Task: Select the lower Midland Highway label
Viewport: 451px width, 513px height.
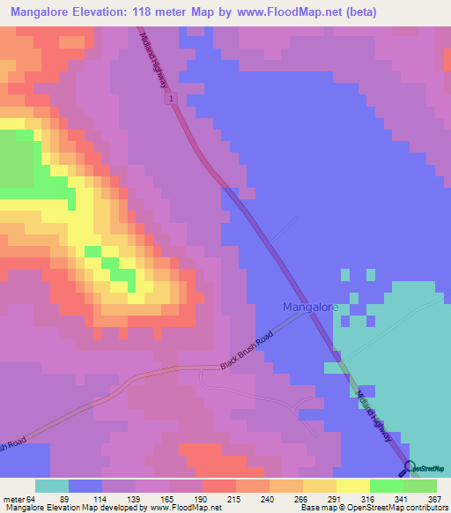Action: point(372,405)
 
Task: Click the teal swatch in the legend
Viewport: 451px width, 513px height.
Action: point(51,486)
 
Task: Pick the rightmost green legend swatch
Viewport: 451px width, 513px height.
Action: point(420,486)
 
